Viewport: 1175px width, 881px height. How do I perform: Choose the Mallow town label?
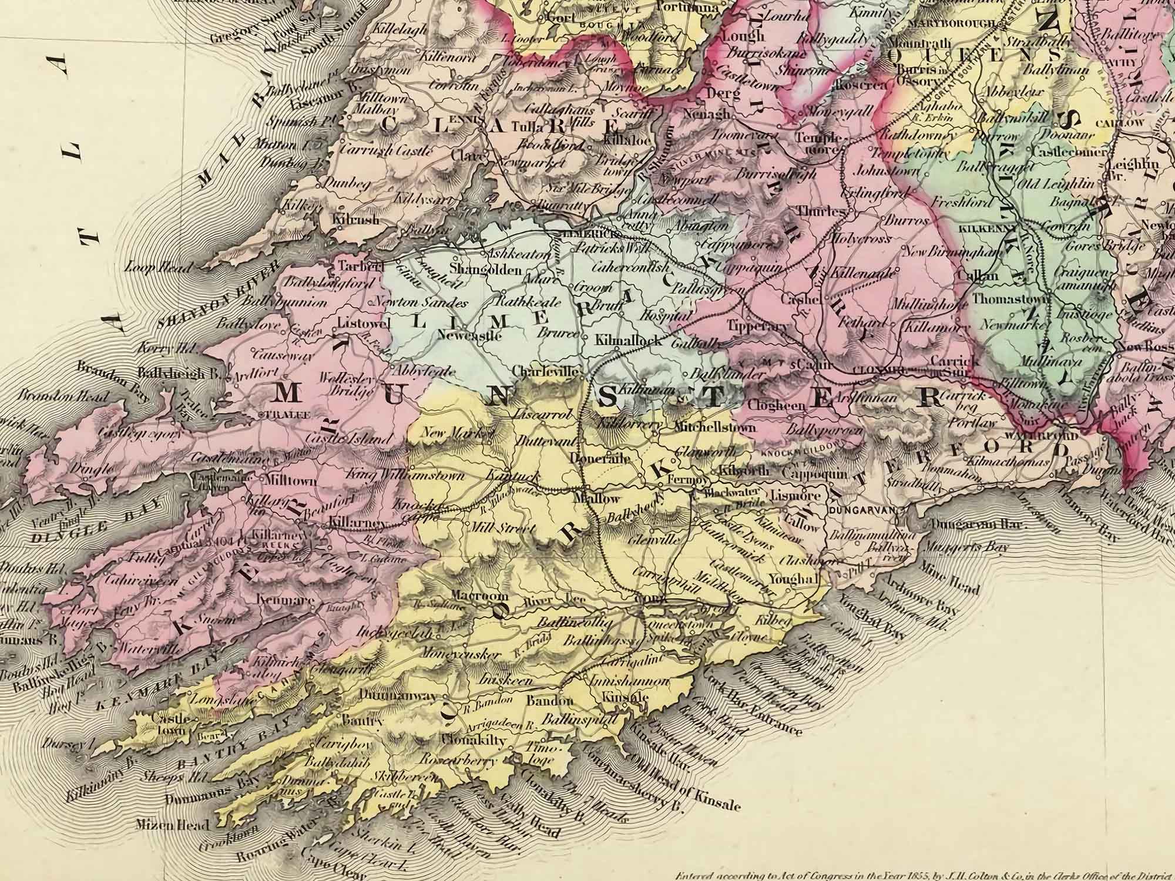coord(600,499)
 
